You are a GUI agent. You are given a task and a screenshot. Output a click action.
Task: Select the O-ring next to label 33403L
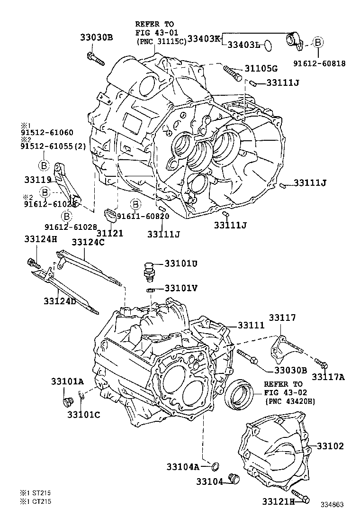point(268,45)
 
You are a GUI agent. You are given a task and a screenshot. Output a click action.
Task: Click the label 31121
point(110,233)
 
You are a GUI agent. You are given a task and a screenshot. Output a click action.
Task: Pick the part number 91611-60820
point(143,216)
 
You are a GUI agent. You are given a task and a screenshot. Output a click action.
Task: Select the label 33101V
point(181,289)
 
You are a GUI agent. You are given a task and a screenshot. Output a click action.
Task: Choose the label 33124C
point(88,243)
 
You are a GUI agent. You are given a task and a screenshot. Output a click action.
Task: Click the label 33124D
point(60,301)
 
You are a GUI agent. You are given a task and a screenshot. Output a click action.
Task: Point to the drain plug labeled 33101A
point(67,401)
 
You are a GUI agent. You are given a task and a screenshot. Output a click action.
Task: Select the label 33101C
point(83,415)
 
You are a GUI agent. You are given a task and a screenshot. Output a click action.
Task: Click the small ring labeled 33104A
point(215,466)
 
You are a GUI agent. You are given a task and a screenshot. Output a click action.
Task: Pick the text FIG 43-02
point(284,392)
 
